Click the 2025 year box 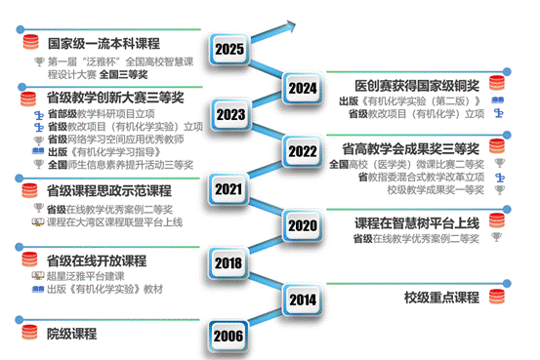[x=229, y=49]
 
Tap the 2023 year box [x=229, y=115]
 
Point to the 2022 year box [x=302, y=151]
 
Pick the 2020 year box [x=301, y=225]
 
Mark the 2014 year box [x=301, y=300]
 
